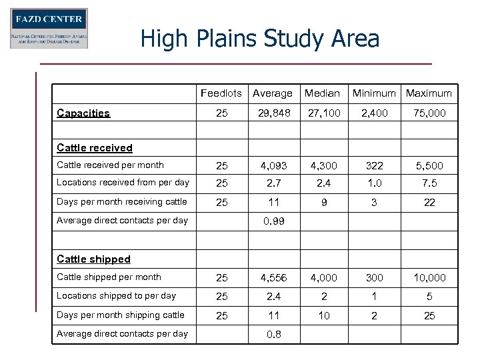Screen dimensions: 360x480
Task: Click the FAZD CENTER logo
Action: click(x=49, y=28)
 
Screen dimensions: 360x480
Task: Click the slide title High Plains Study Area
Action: click(x=259, y=39)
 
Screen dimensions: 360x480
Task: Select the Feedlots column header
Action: click(x=221, y=93)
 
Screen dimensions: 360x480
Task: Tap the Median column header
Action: click(x=322, y=93)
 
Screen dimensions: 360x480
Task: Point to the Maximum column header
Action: click(x=429, y=93)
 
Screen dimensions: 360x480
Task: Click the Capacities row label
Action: click(x=83, y=113)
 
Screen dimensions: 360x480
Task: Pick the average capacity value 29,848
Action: click(x=273, y=113)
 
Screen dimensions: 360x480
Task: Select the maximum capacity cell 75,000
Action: click(x=429, y=113)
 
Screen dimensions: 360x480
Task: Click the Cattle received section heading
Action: click(x=95, y=148)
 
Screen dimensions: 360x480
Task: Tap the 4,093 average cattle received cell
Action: click(x=273, y=165)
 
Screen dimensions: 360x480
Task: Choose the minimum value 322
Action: click(x=374, y=165)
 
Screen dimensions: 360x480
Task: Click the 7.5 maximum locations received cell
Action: click(x=429, y=183)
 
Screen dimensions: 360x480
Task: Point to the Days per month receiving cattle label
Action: click(x=122, y=201)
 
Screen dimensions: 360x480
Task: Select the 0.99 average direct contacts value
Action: click(x=273, y=221)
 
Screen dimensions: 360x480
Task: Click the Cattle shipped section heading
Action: click(x=93, y=259)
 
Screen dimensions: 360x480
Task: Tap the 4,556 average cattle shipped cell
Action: click(x=273, y=277)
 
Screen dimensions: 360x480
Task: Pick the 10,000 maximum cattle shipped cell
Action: click(x=429, y=277)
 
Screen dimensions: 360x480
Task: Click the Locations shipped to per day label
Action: click(x=116, y=295)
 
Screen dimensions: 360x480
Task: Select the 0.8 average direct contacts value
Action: click(x=273, y=334)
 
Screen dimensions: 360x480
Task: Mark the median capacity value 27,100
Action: click(x=323, y=113)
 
